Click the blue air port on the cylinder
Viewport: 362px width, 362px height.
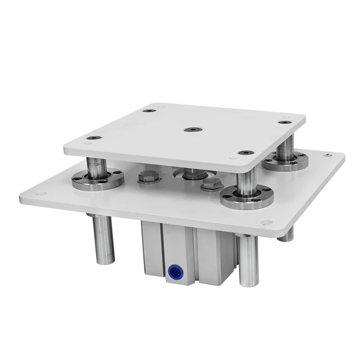coord(172,272)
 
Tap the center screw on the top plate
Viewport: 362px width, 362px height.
coord(193,129)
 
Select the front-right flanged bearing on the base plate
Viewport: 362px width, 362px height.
coord(247,198)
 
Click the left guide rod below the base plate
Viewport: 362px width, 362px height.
coord(103,239)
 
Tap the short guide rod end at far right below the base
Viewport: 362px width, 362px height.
coord(287,235)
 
